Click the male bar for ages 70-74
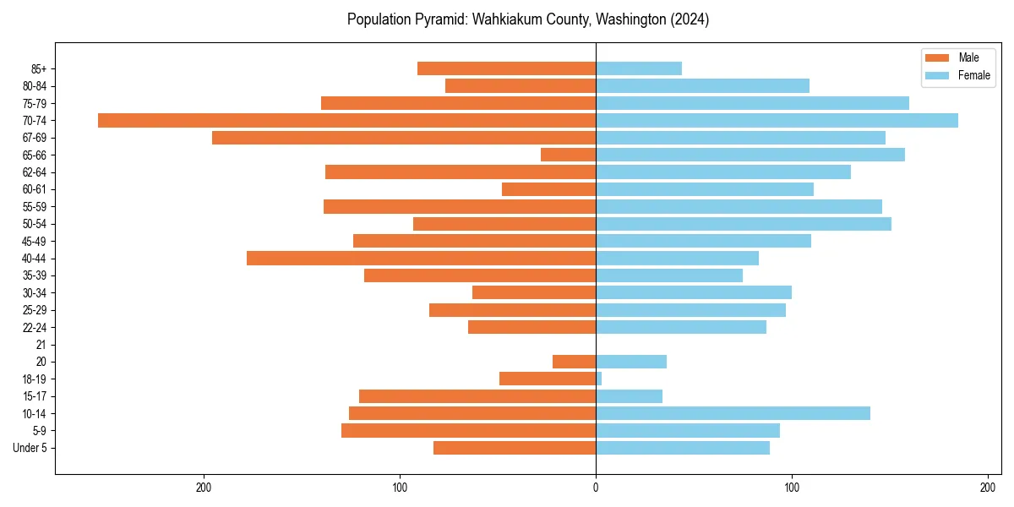346,120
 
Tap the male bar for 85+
506,68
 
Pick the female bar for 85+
639,68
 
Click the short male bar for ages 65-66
568,155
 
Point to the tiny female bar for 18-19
599,379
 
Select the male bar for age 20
574,362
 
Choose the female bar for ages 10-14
733,413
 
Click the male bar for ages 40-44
421,258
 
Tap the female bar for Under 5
683,448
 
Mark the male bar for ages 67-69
404,138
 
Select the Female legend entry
959,75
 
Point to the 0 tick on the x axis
596,488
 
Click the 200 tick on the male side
204,488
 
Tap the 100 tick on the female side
792,488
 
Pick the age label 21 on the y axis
41,345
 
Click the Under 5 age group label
30,448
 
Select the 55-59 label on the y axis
35,206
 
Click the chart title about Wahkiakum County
527,19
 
